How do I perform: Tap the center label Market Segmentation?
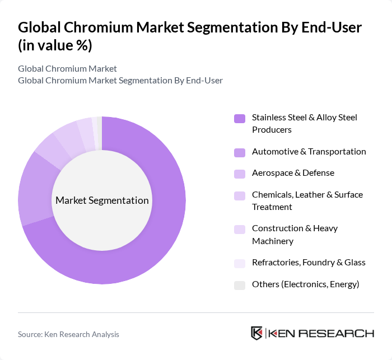(102, 200)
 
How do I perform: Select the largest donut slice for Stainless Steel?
(157, 235)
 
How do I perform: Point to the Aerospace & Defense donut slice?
(49, 150)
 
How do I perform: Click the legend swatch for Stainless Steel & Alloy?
(239, 118)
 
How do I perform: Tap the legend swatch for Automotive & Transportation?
(239, 152)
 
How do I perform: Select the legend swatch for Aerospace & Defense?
(239, 173)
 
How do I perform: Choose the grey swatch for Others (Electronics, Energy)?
(239, 284)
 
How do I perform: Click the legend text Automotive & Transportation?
(309, 152)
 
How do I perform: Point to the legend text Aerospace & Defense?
(293, 173)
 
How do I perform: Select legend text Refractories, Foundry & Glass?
(309, 263)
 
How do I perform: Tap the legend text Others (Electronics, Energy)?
(305, 284)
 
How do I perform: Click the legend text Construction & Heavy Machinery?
(295, 235)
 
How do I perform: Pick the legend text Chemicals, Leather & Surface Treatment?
(307, 200)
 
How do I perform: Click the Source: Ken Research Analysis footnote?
(68, 334)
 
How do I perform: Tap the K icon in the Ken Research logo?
(257, 333)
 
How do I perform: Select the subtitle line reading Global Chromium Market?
(67, 69)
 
